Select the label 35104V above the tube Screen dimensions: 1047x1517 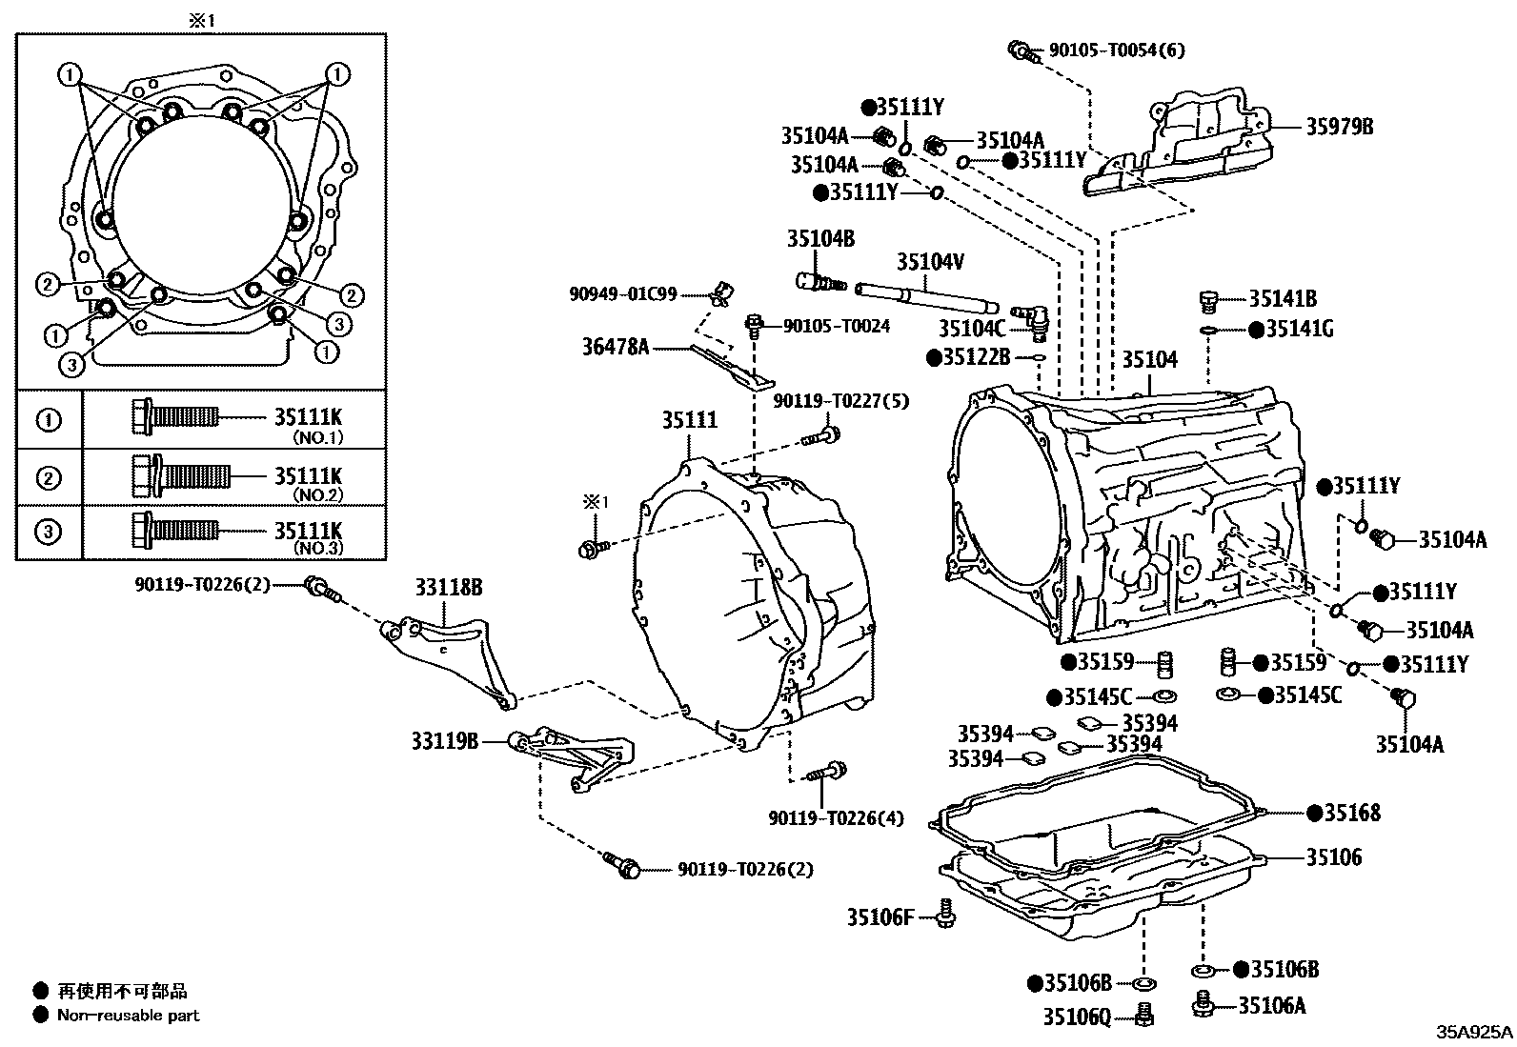(x=930, y=261)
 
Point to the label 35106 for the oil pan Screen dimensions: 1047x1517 (x=1333, y=857)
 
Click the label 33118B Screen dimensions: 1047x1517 (x=447, y=588)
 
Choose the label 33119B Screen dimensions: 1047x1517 (x=445, y=740)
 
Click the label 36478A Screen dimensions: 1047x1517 (x=616, y=348)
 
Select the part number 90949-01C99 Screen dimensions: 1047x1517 (x=623, y=295)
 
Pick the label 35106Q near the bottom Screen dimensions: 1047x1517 (x=1077, y=1017)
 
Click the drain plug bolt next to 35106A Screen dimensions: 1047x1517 (x=1203, y=1003)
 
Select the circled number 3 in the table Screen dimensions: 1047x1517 (x=49, y=532)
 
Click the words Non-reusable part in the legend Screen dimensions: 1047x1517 (x=129, y=1016)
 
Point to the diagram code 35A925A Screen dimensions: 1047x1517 (x=1474, y=1033)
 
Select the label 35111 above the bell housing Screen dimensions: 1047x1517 (x=690, y=420)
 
